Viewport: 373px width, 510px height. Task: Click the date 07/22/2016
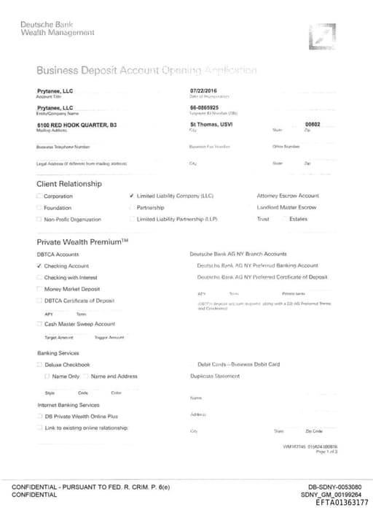tap(204, 90)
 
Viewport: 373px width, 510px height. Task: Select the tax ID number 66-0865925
tap(204, 107)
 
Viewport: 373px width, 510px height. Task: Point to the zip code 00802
tap(313, 125)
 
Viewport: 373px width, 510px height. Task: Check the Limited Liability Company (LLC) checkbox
tap(131, 196)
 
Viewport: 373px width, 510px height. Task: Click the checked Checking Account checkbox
tap(39, 266)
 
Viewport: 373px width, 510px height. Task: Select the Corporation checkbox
tap(39, 196)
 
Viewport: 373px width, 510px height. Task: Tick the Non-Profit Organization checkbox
tap(39, 220)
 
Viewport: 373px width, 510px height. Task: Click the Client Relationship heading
tap(70, 183)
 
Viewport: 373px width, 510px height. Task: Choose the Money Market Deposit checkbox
tap(39, 289)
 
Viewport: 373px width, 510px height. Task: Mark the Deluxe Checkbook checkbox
tap(39, 364)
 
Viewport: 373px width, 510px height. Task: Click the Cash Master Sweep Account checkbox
tap(39, 324)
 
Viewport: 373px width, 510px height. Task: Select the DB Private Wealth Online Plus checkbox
tap(39, 416)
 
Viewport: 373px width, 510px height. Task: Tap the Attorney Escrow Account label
tap(288, 196)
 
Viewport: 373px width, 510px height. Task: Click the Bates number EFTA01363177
tap(342, 503)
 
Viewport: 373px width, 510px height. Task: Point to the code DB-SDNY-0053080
tap(331, 487)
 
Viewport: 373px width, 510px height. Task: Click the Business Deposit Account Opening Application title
tap(146, 71)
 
